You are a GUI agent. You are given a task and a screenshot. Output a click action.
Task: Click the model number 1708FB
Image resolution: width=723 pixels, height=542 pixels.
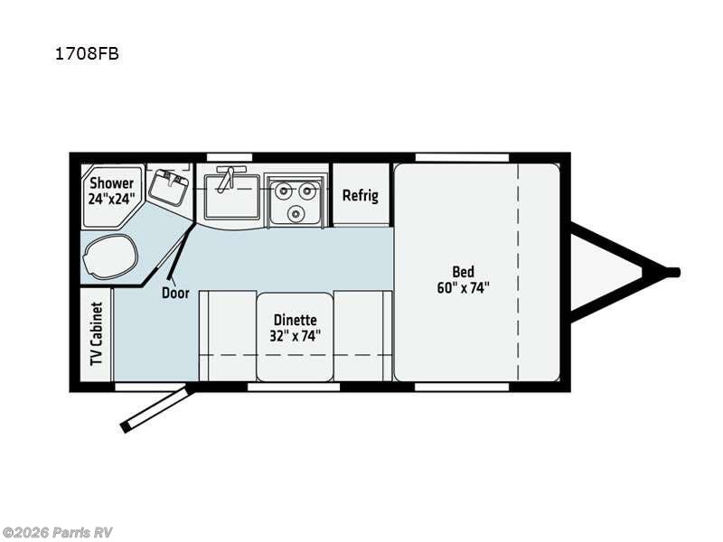coord(86,53)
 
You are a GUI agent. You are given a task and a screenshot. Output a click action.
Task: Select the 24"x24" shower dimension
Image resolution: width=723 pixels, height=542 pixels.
coord(110,200)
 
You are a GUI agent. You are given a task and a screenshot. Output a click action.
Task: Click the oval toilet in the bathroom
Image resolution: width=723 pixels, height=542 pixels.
coord(108,256)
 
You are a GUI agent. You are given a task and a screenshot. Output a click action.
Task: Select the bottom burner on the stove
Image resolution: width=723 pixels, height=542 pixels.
coord(296,214)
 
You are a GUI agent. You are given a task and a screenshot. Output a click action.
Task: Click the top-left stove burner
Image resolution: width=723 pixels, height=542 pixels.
coord(283,191)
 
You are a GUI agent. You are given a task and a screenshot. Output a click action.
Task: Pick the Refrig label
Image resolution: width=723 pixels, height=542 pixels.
coord(360,195)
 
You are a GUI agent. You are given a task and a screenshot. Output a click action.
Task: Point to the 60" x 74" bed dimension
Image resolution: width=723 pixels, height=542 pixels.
coord(464,288)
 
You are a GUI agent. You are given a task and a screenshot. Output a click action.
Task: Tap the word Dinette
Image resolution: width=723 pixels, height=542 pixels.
coord(295,319)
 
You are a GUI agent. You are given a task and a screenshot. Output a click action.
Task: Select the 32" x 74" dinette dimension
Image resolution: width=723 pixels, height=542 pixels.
coord(295,336)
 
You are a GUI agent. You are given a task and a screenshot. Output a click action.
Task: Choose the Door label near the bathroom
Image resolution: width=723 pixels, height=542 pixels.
coord(174,292)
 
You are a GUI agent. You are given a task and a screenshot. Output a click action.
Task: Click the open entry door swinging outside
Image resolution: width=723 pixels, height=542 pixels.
coord(156,408)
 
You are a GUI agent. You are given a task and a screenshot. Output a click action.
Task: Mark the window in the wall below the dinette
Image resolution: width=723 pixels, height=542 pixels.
coord(294,387)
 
